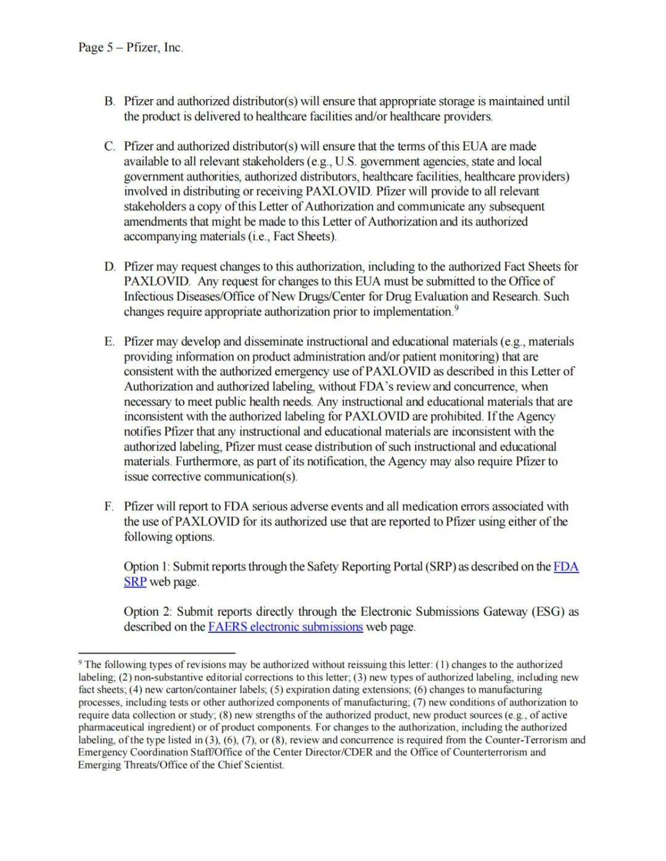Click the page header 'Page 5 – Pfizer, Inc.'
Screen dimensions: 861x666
pyautogui.click(x=131, y=47)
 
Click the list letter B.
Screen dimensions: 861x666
pyautogui.click(x=109, y=101)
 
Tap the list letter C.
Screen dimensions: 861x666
pyautogui.click(x=109, y=146)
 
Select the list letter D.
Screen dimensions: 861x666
pyautogui.click(x=109, y=266)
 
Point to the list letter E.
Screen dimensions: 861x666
pyautogui.click(x=109, y=341)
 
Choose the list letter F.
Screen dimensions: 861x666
pyautogui.click(x=109, y=506)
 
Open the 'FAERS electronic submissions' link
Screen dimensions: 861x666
pyautogui.click(x=285, y=627)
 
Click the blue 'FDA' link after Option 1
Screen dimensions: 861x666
pyautogui.click(x=565, y=566)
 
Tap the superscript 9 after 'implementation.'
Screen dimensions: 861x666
pyautogui.click(x=456, y=308)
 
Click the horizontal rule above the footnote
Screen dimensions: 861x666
pyautogui.click(x=157, y=652)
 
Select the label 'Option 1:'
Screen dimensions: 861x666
pyautogui.click(x=147, y=566)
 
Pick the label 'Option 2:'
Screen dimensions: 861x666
pyautogui.click(x=148, y=611)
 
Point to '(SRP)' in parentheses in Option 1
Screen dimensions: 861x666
pyautogui.click(x=440, y=566)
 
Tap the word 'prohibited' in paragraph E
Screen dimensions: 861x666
pyautogui.click(x=457, y=416)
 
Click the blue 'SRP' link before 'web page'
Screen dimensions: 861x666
pyautogui.click(x=134, y=582)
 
